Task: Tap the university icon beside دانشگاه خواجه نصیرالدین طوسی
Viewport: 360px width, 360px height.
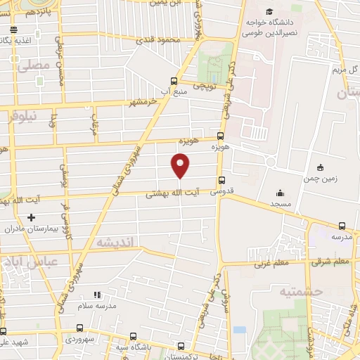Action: (269, 12)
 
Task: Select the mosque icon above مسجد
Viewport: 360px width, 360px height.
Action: (280, 193)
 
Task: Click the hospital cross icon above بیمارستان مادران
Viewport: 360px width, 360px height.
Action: (31, 218)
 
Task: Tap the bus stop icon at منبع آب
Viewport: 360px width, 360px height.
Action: (174, 81)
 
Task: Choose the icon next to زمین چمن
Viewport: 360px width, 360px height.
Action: (320, 167)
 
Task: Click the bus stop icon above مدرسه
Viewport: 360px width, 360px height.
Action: (342, 226)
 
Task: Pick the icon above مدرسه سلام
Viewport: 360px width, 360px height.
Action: (97, 295)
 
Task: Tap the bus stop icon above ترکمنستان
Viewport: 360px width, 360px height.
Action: (181, 346)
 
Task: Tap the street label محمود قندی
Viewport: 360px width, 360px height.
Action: (162, 40)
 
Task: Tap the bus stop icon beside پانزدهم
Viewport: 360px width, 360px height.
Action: (13, 30)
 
